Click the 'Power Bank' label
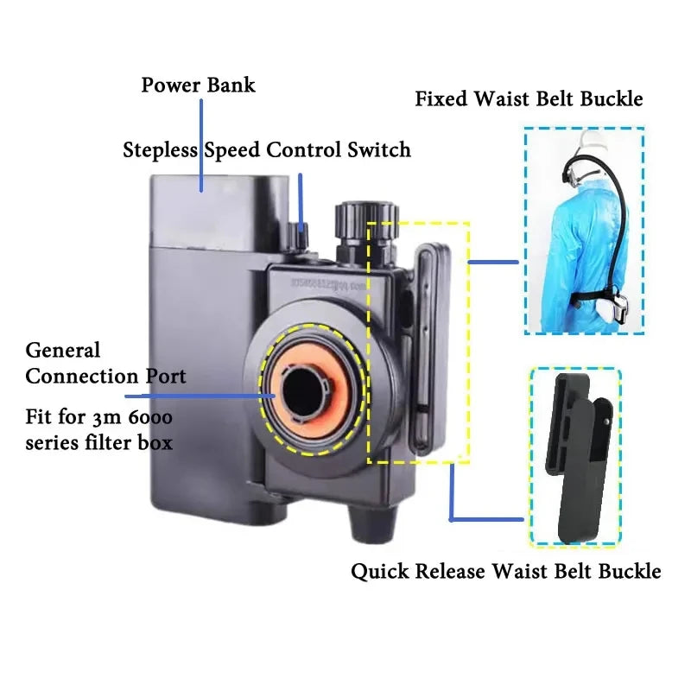[x=198, y=86]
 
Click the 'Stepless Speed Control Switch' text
[x=266, y=150]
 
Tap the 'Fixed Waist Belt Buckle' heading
[x=529, y=98]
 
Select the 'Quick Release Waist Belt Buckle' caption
[x=505, y=571]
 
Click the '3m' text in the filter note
[x=124, y=418]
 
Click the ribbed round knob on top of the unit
[x=356, y=215]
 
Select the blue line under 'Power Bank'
[x=201, y=143]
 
